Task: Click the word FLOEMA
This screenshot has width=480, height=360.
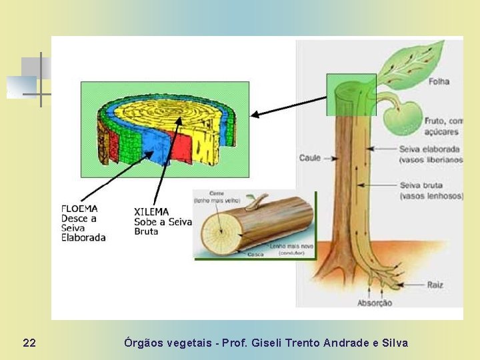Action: coord(79,208)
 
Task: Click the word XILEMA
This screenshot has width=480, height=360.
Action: coord(152,212)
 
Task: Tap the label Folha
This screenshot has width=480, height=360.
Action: coord(439,81)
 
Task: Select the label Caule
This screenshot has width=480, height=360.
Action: coord(310,158)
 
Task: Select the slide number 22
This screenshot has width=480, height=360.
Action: coord(29,343)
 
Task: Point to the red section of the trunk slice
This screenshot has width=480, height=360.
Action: coord(179,145)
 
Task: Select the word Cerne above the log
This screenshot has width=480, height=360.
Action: coord(217,193)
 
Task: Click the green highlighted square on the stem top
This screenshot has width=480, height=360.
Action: coord(351,94)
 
